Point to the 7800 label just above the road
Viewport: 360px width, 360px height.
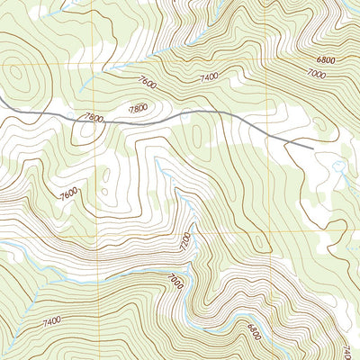pyautogui.click(x=138, y=109)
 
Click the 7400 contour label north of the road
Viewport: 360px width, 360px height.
pyautogui.click(x=209, y=78)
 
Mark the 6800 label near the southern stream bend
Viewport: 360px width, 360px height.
pyautogui.click(x=255, y=334)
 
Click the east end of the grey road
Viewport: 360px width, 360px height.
pyautogui.click(x=311, y=147)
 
